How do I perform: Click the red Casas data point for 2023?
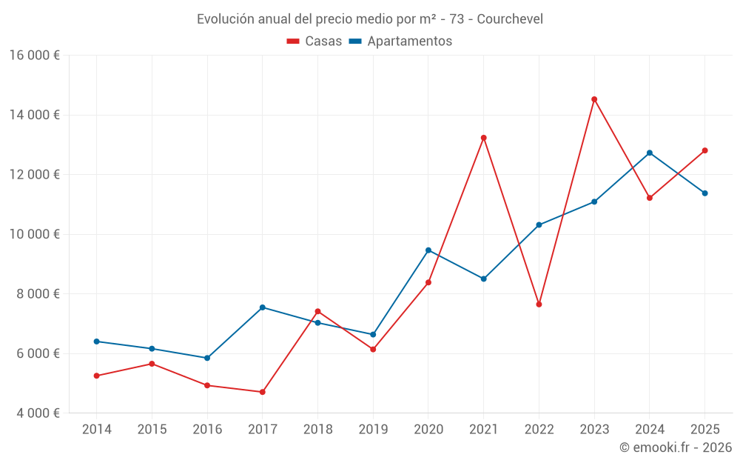[x=594, y=99]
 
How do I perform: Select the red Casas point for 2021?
[x=483, y=138]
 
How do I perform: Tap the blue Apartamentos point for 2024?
[x=650, y=153]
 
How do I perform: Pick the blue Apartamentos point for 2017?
[x=263, y=307]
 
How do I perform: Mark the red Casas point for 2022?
[x=539, y=304]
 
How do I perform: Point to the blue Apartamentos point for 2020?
[x=428, y=250]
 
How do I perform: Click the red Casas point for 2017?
[x=263, y=392]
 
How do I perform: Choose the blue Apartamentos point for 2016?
[x=207, y=358]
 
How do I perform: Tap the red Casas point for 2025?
[x=704, y=150]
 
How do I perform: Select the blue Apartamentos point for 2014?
[x=97, y=342]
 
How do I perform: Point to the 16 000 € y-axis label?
[x=34, y=56]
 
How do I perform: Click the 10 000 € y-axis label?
[x=34, y=234]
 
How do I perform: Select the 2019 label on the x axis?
[x=373, y=430]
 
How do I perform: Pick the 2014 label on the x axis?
[x=97, y=430]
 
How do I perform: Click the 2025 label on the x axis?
[x=704, y=430]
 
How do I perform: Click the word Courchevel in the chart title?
[x=510, y=19]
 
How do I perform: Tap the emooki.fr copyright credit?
[x=676, y=447]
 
